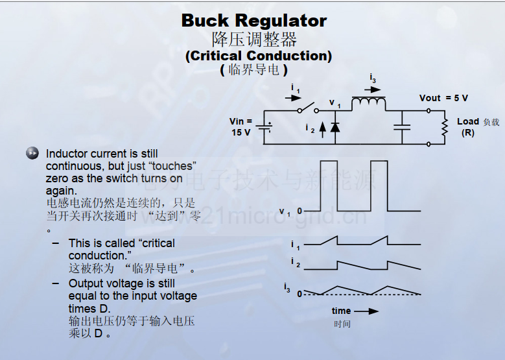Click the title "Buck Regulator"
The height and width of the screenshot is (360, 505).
point(254,21)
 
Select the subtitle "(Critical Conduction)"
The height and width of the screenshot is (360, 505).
point(259,56)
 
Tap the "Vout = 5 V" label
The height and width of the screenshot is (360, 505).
point(443,98)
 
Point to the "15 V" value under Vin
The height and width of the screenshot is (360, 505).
point(241,132)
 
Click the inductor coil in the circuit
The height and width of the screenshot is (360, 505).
point(369,103)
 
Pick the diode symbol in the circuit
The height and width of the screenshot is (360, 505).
point(335,126)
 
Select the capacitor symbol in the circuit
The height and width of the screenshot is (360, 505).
point(402,127)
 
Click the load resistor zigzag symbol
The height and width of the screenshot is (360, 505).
point(445,127)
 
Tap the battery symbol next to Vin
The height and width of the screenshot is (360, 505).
point(264,126)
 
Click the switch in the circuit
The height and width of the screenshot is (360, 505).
point(308,108)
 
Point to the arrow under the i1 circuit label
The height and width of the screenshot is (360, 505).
point(293,98)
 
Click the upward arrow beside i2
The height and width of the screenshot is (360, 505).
point(322,130)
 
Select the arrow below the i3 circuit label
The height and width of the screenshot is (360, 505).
point(373,90)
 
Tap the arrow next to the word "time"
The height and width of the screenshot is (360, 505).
point(366,311)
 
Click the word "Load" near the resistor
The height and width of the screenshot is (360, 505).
point(468,121)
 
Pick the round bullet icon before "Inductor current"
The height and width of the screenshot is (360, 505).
point(32,153)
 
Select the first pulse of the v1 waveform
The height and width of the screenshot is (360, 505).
point(329,186)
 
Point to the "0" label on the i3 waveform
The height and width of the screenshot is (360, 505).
point(299,294)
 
